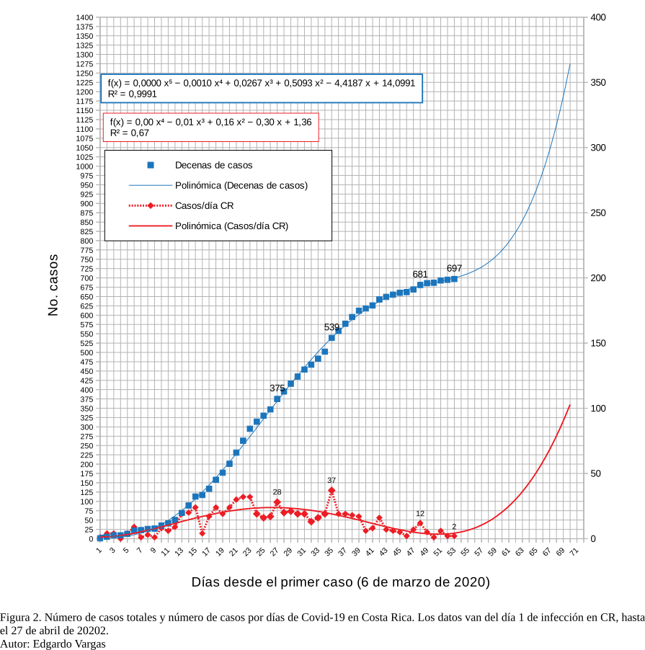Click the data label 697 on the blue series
454,269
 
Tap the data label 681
420,275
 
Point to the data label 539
332,327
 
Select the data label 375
277,388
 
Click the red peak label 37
332,480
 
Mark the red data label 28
277,491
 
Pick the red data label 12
420,513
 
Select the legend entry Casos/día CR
204,205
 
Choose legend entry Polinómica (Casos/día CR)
231,226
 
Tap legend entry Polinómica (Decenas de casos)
241,185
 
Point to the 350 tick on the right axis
597,83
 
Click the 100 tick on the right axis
597,409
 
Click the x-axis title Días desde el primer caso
340,582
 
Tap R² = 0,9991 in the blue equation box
133,94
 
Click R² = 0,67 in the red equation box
130,133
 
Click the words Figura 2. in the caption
22,618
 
